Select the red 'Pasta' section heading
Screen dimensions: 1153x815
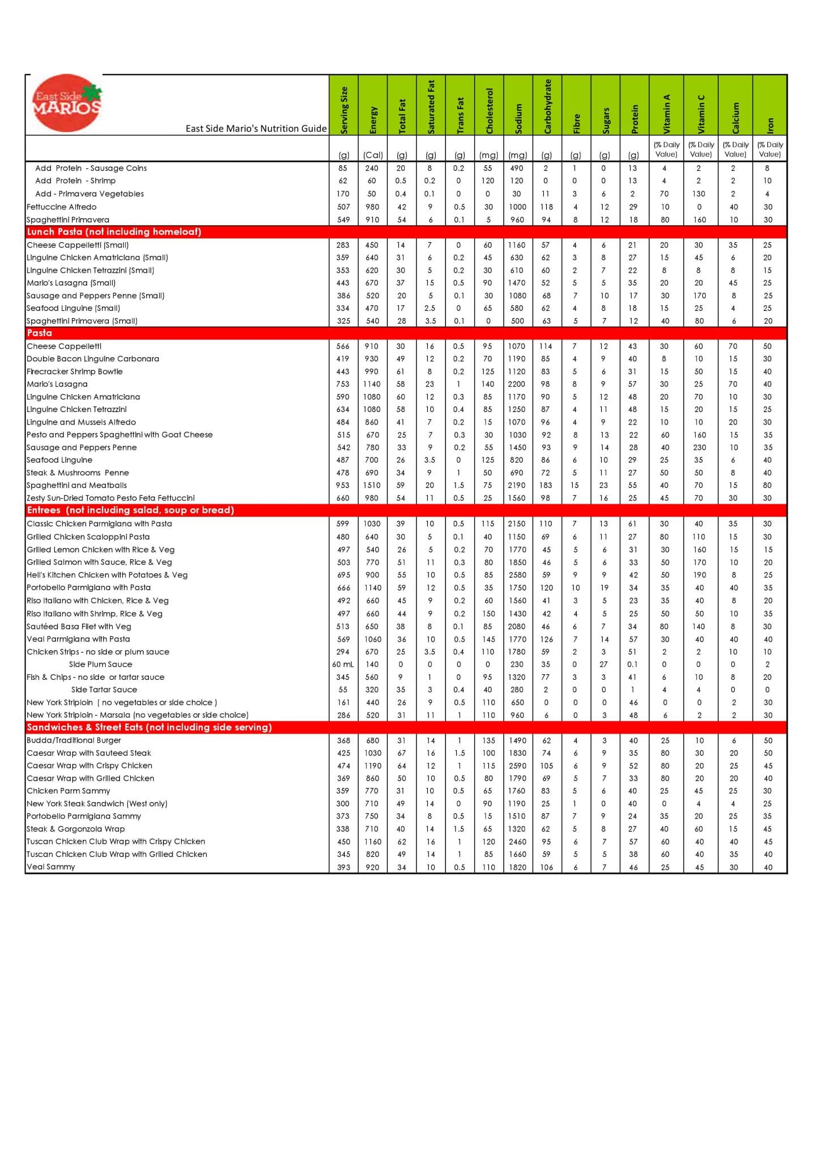point(40,333)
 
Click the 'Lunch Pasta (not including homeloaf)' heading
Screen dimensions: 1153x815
point(114,232)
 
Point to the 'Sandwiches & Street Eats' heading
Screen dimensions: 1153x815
point(149,727)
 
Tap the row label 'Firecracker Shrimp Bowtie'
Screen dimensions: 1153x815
point(75,371)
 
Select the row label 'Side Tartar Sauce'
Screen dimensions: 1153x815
point(104,689)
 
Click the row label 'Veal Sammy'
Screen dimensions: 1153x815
point(51,867)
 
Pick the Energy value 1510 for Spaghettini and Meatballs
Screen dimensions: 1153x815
point(372,485)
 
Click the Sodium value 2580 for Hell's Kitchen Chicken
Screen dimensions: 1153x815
point(517,575)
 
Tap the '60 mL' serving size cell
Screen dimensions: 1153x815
point(343,665)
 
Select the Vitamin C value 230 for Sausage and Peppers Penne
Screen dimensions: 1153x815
point(700,447)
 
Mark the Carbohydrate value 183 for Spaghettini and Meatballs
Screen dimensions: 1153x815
point(546,485)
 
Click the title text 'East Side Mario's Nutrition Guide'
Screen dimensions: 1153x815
point(256,128)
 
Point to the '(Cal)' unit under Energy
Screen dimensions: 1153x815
point(373,155)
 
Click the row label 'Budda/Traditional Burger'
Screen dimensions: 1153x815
point(74,740)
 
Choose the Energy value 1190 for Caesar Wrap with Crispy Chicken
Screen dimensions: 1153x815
point(372,766)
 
